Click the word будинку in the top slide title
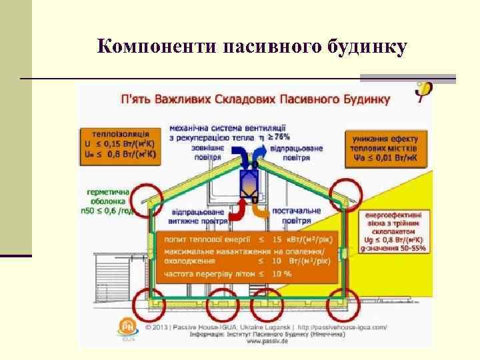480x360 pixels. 365,47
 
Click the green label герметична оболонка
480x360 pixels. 107,201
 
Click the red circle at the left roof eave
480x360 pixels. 146,197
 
